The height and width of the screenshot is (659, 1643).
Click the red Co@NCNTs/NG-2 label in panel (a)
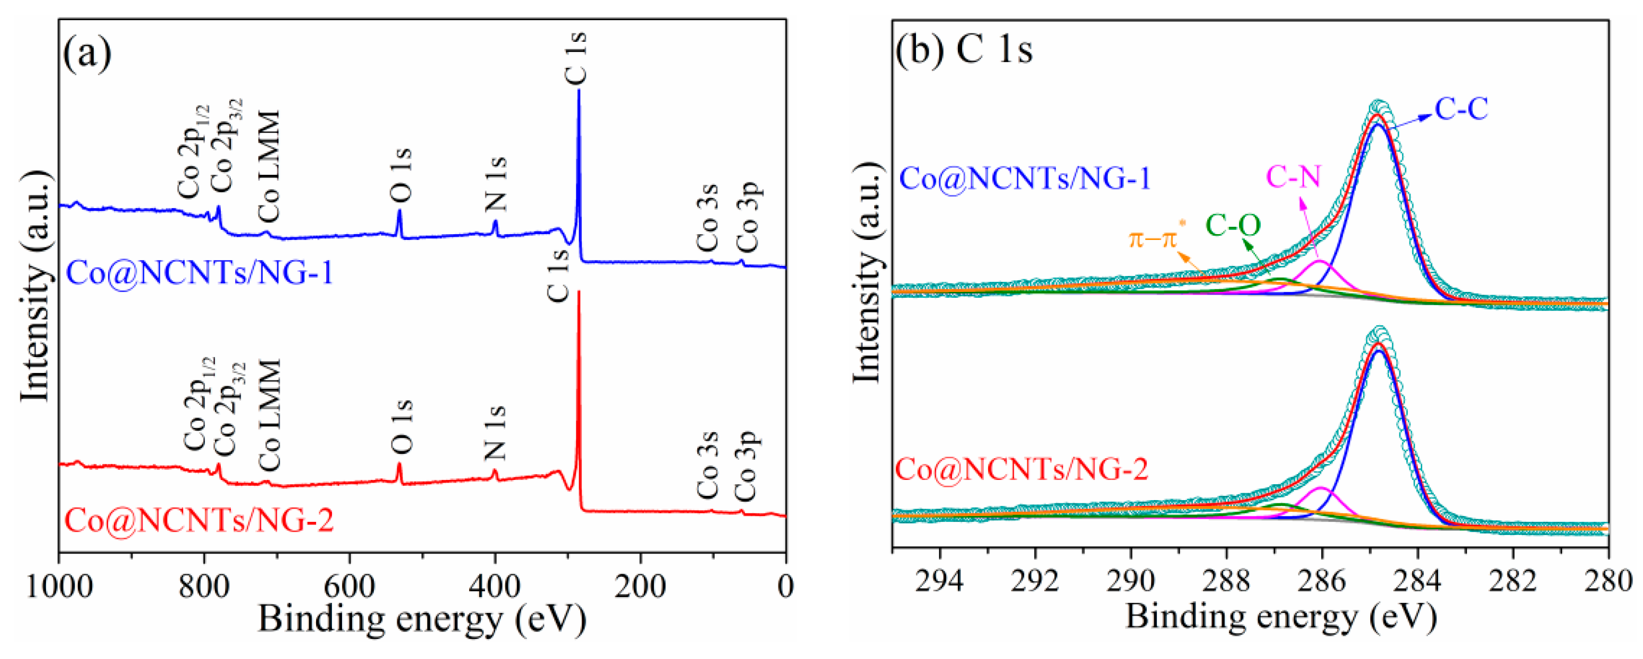pos(199,520)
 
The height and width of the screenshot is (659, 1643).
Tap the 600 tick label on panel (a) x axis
pos(349,586)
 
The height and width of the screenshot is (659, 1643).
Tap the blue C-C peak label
pos(1462,109)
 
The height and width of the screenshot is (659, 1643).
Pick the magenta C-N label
pos(1293,177)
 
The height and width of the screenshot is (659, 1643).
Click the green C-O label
pos(1233,226)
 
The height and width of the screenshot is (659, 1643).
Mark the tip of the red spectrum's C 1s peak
pos(579,293)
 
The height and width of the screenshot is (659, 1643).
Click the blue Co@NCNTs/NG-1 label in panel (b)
pos(1025,178)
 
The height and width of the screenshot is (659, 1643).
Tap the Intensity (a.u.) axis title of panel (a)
pos(35,287)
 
